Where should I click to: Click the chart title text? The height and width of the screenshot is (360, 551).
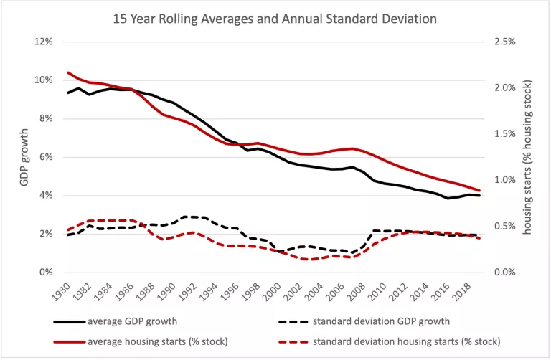point(275,19)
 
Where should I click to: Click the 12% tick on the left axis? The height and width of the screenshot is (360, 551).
point(44,42)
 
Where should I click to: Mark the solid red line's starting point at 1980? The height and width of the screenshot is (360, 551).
point(68,72)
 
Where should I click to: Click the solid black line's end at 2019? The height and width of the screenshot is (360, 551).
point(480,196)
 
